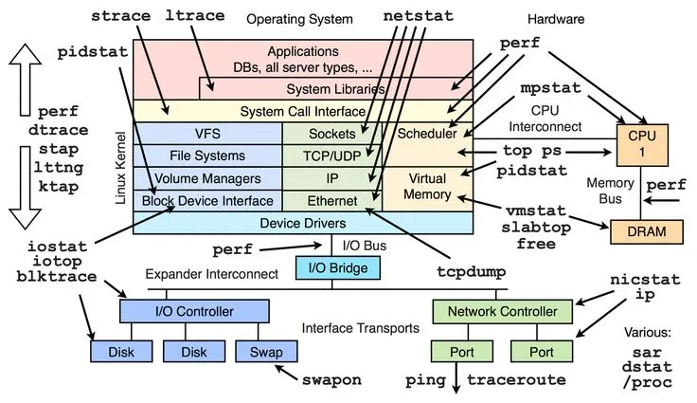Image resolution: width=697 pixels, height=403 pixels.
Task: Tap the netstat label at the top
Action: (x=418, y=17)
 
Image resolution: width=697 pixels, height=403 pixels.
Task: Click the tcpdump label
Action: (x=470, y=271)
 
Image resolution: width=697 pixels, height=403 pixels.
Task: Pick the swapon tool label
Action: (x=331, y=379)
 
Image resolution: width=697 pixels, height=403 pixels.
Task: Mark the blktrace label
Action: (x=58, y=277)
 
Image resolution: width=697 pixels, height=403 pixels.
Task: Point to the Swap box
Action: (x=260, y=351)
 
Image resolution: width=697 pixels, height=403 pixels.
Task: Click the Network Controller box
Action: (x=502, y=310)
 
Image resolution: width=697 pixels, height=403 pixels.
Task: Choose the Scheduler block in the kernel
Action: (x=426, y=134)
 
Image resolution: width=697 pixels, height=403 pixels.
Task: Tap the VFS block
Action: (x=206, y=134)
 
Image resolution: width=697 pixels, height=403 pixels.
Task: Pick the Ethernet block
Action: (x=331, y=200)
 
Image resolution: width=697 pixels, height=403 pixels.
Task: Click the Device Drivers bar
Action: (x=302, y=223)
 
